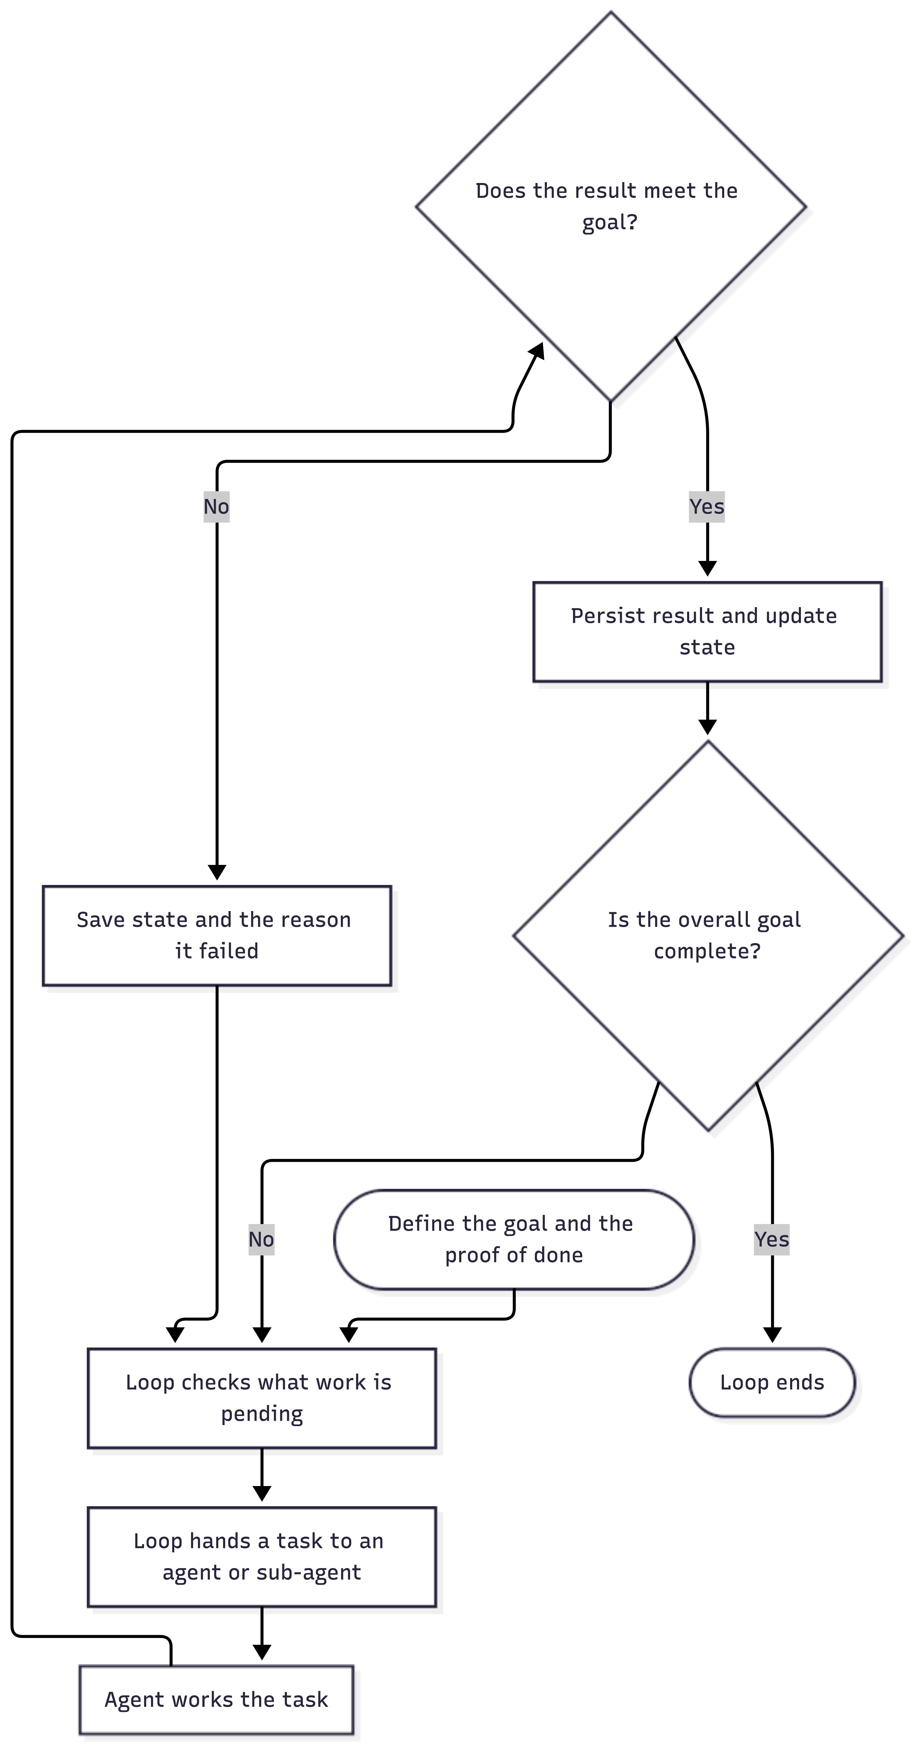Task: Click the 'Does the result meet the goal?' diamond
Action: (x=611, y=207)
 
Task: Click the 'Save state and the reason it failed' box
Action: (x=217, y=935)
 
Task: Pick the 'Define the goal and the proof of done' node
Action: (x=514, y=1240)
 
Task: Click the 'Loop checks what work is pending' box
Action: (x=262, y=1398)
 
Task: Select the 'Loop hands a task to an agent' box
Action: (x=262, y=1557)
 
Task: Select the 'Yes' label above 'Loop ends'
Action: (x=772, y=1240)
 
